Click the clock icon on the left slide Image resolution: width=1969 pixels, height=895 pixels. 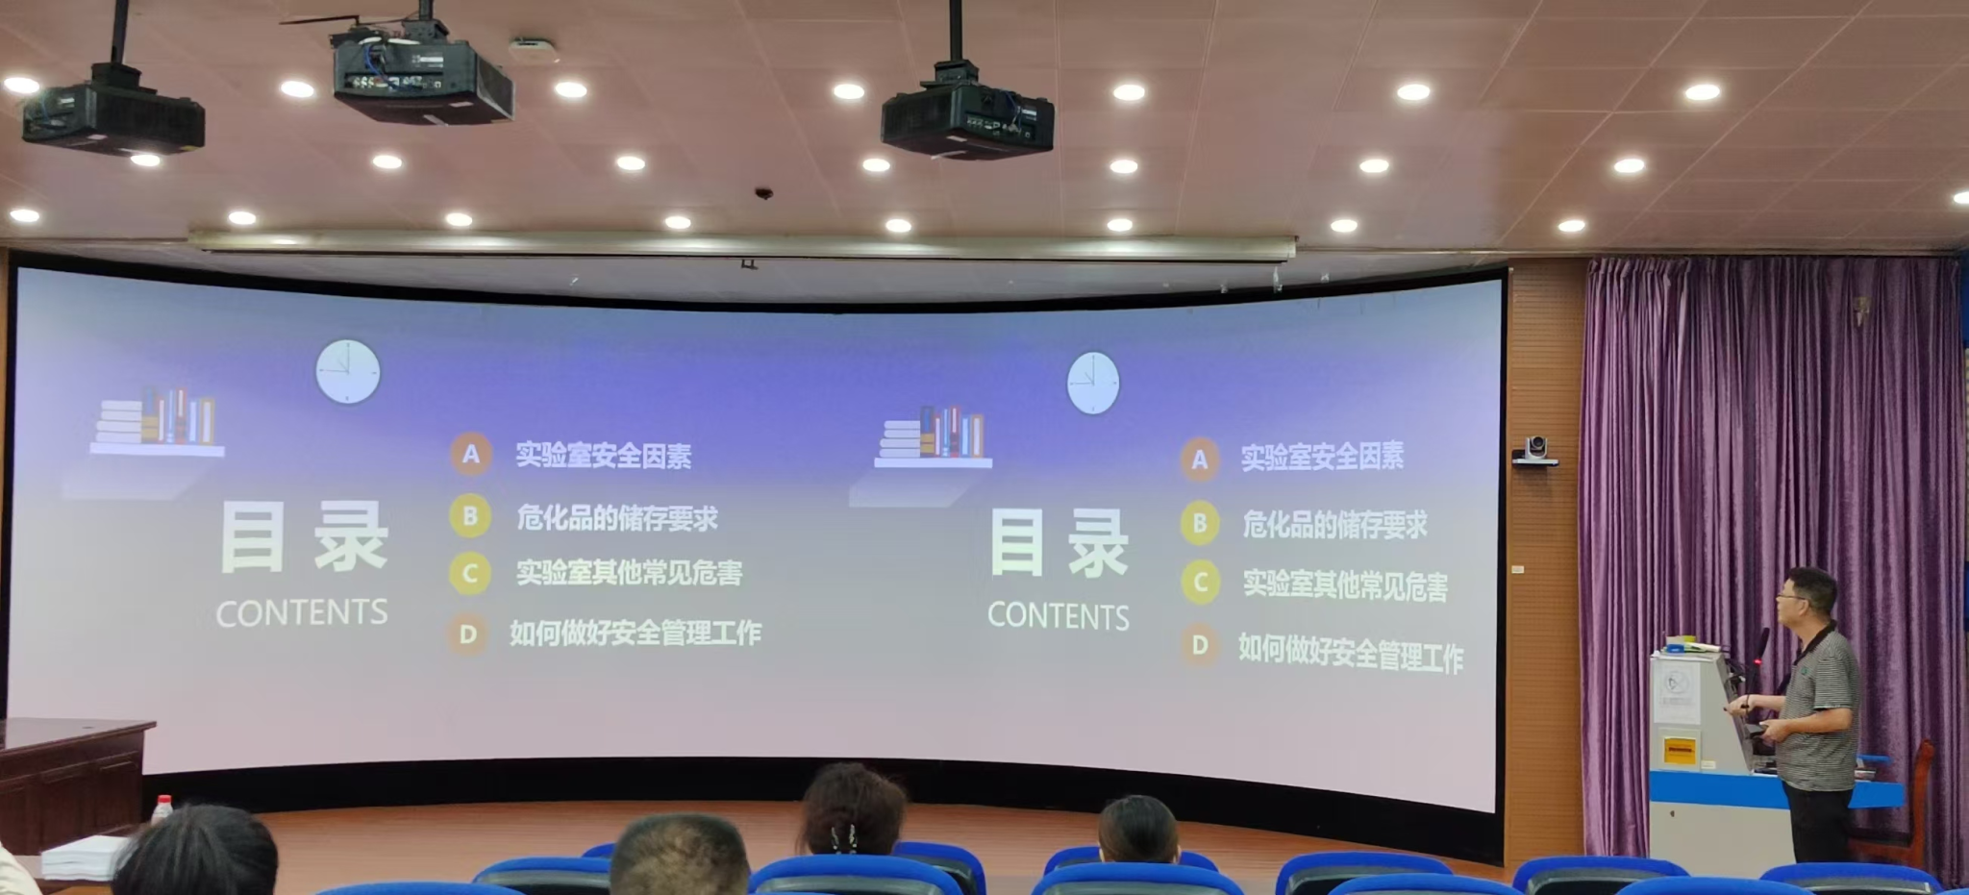click(348, 371)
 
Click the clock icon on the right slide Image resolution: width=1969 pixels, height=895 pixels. click(1093, 383)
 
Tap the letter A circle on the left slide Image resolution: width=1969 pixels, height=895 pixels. click(471, 454)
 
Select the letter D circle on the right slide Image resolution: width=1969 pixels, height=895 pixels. click(1200, 645)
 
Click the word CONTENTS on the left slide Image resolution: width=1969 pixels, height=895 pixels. click(302, 613)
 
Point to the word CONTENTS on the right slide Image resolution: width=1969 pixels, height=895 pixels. click(1059, 616)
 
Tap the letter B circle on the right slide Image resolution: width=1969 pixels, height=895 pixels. click(1200, 523)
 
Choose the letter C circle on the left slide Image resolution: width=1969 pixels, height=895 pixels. click(470, 574)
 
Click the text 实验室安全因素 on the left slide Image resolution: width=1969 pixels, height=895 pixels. click(604, 455)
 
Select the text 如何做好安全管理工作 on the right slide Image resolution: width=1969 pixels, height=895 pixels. click(1351, 653)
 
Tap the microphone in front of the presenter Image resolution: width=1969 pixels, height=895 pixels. click(1761, 647)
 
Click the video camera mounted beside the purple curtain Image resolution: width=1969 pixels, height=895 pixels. click(1534, 450)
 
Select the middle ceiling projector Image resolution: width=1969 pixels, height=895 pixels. click(423, 77)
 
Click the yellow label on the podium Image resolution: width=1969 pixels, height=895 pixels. click(1679, 751)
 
